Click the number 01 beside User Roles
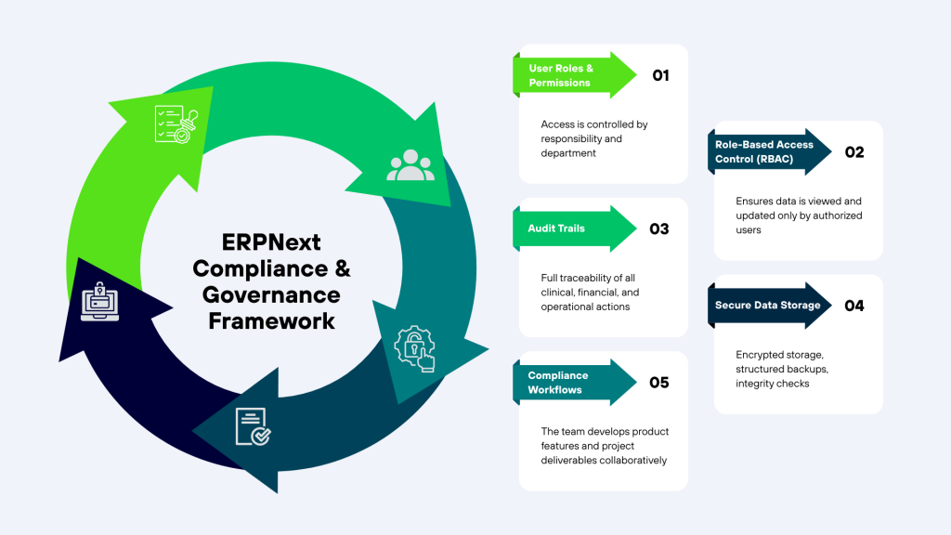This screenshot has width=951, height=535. (660, 76)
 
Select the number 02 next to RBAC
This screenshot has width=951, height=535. (853, 152)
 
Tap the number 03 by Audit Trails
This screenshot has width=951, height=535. (658, 228)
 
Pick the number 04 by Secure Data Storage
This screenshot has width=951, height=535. (853, 305)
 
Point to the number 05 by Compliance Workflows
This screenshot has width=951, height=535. (658, 382)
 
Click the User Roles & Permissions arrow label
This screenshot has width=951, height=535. (560, 76)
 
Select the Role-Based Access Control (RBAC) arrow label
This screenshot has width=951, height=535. (763, 152)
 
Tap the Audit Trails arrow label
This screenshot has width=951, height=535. (557, 228)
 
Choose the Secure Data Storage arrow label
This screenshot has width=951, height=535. (767, 305)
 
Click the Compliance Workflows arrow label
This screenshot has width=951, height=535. (558, 382)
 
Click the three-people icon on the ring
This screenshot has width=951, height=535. (410, 164)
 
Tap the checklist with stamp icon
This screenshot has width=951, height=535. (177, 124)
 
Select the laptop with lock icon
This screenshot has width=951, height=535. (99, 298)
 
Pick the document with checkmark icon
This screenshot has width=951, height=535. (252, 426)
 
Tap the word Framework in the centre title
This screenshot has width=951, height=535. (271, 321)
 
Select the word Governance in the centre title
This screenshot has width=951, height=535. (271, 295)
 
